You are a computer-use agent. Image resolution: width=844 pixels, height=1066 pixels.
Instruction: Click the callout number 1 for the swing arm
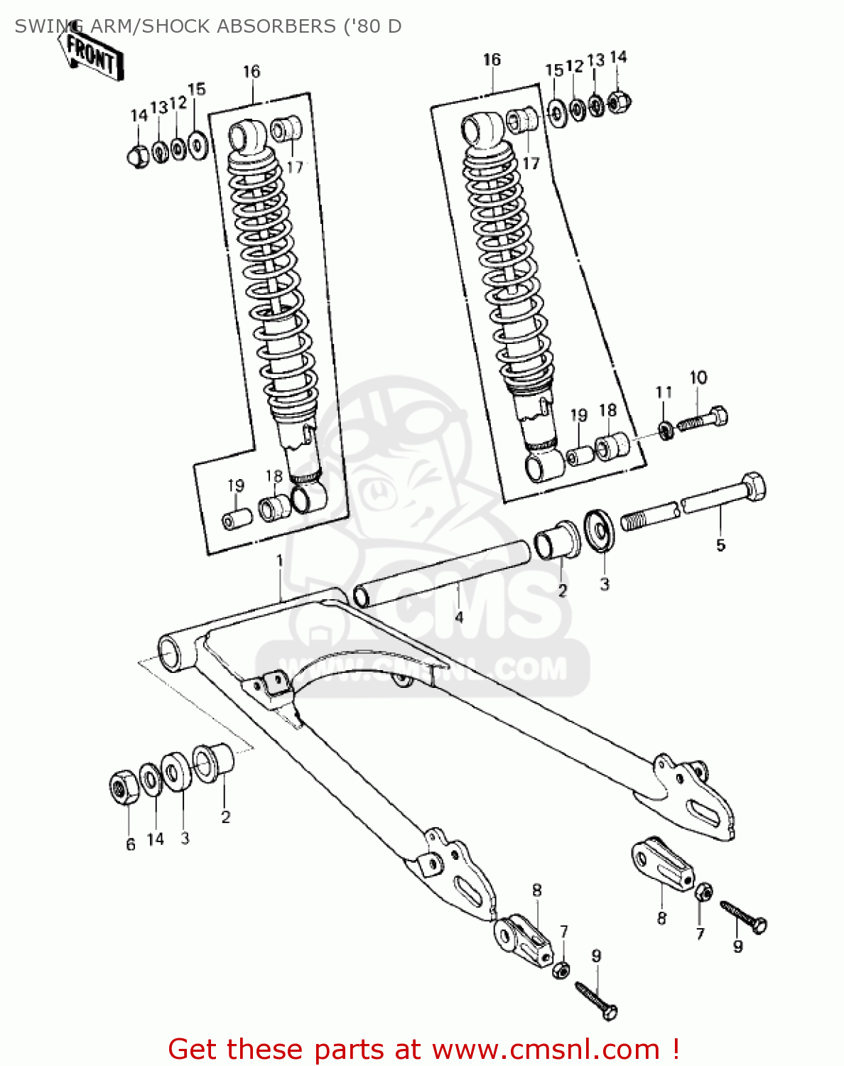pyautogui.click(x=280, y=561)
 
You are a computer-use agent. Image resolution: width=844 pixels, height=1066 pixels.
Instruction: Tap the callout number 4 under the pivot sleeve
pyautogui.click(x=459, y=617)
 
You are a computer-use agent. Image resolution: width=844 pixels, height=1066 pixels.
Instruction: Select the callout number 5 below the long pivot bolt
pyautogui.click(x=720, y=545)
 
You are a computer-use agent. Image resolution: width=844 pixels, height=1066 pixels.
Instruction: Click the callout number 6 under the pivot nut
pyautogui.click(x=131, y=844)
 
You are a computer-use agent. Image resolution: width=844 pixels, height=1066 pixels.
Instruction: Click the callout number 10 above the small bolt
pyautogui.click(x=698, y=377)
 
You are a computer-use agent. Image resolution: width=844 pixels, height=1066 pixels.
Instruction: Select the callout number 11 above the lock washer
pyautogui.click(x=664, y=392)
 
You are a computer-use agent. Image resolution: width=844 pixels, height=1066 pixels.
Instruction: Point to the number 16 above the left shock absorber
pyautogui.click(x=251, y=71)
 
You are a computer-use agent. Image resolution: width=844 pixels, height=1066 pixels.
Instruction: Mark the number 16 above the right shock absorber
pyautogui.click(x=492, y=60)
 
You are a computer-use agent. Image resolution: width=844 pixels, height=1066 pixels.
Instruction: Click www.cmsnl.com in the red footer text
pyautogui.click(x=546, y=1049)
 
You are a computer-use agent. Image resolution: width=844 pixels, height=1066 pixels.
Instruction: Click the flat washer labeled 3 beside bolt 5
pyautogui.click(x=600, y=530)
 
